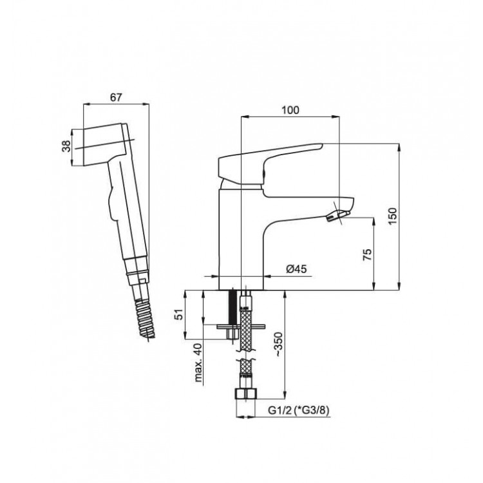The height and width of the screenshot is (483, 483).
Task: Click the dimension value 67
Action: click(x=116, y=97)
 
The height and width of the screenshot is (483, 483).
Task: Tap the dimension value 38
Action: click(x=66, y=146)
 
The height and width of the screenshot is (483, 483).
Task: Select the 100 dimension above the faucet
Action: click(x=290, y=110)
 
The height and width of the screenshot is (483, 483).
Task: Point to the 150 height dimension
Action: click(x=393, y=216)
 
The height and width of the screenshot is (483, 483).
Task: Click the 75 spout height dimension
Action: click(x=367, y=254)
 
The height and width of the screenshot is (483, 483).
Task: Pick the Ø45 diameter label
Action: click(x=296, y=269)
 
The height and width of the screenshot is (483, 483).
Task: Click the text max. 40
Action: click(x=199, y=363)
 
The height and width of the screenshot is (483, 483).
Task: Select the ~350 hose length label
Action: click(x=278, y=345)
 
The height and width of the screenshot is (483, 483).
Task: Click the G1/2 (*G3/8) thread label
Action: click(x=298, y=410)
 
